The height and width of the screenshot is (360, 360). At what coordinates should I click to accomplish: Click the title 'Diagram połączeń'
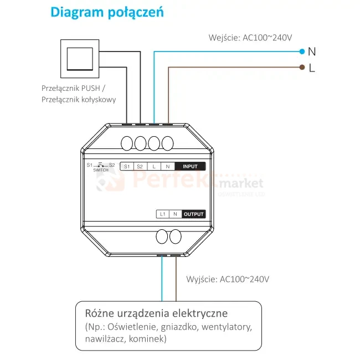tap(107, 12)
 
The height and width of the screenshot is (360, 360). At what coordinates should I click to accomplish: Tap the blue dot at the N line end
tap(302, 52)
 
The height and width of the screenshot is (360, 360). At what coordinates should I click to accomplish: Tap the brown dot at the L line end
tap(302, 68)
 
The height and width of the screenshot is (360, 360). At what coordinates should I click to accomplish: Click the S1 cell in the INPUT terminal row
tap(126, 166)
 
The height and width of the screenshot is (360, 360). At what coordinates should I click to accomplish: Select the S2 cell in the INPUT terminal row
tap(140, 166)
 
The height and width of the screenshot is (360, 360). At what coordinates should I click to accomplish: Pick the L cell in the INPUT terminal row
tap(153, 166)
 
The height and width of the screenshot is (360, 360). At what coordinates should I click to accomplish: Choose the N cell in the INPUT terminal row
tap(167, 166)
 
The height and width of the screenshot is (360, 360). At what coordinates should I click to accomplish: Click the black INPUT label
tap(190, 166)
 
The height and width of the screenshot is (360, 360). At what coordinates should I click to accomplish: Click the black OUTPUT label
tap(194, 214)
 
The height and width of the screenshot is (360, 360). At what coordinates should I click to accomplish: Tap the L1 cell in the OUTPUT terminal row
tap(162, 214)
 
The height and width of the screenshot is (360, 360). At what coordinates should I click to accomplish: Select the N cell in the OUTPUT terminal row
tap(175, 214)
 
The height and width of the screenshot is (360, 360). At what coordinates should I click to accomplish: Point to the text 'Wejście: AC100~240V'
tap(250, 38)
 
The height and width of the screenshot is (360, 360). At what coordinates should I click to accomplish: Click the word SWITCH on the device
tap(101, 171)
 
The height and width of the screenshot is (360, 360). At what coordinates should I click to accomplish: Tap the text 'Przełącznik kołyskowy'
tap(79, 100)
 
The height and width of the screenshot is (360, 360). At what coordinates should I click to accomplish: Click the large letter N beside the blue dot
tap(312, 52)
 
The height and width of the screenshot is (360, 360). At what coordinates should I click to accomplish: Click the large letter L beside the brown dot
tap(312, 68)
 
